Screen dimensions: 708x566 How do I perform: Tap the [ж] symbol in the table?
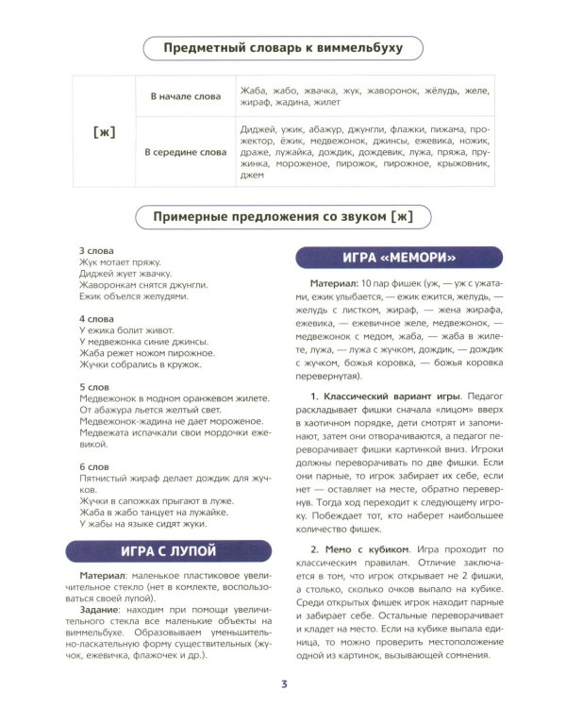click(x=106, y=131)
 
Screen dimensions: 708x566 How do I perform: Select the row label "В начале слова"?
click(x=186, y=96)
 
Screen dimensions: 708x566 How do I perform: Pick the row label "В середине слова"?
click(x=186, y=151)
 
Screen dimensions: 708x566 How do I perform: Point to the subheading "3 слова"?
click(x=96, y=250)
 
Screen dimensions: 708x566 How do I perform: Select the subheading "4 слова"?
click(x=96, y=318)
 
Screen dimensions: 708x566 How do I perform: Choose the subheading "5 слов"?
click(x=94, y=387)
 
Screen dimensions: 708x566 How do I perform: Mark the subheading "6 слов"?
click(x=94, y=467)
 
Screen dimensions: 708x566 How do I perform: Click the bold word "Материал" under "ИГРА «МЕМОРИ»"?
click(x=337, y=284)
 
